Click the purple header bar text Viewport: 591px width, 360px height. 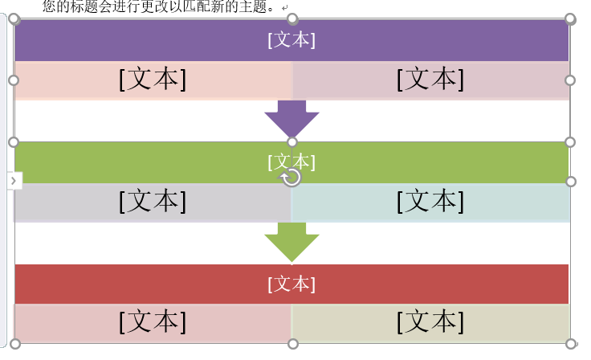pyautogui.click(x=291, y=40)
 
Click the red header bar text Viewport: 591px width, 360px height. pyautogui.click(x=291, y=284)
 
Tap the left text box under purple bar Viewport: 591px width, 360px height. pyautogui.click(x=153, y=80)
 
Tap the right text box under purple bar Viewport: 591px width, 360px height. pyautogui.click(x=430, y=80)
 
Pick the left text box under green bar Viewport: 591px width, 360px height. pyautogui.click(x=153, y=202)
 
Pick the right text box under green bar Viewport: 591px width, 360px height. pyautogui.click(x=430, y=202)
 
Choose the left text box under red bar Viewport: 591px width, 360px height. pyautogui.click(x=153, y=322)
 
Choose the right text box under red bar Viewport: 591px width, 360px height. pyautogui.click(x=430, y=322)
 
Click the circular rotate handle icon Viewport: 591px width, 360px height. pyautogui.click(x=292, y=178)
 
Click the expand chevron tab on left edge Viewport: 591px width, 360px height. pyautogui.click(x=14, y=181)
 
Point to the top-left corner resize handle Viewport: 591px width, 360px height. pyautogui.click(x=14, y=18)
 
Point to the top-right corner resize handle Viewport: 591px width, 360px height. pyautogui.click(x=571, y=18)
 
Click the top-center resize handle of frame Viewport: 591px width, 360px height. pyautogui.click(x=292, y=18)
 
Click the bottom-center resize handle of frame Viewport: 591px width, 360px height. pyautogui.click(x=292, y=344)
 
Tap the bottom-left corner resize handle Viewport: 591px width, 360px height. pyautogui.click(x=14, y=344)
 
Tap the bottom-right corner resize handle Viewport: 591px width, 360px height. pyautogui.click(x=571, y=344)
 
